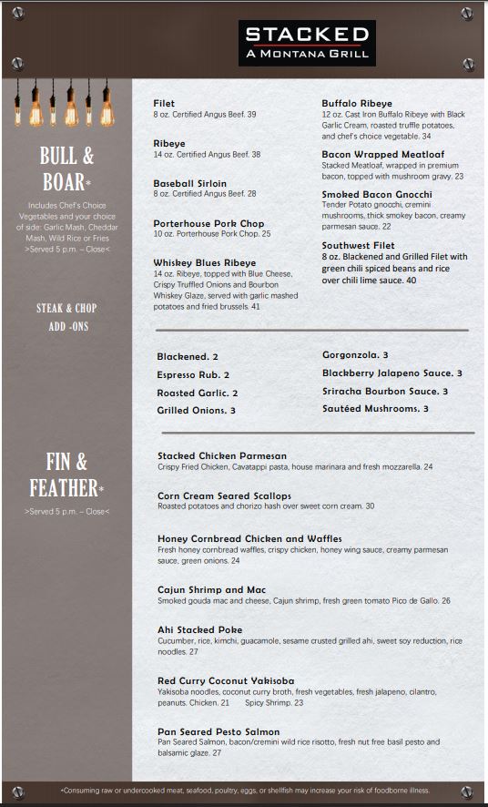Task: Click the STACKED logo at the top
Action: coord(308,42)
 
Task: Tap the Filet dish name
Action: coord(164,104)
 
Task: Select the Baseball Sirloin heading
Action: coord(190,183)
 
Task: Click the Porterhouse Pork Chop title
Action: coord(208,223)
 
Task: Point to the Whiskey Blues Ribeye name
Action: coord(205,263)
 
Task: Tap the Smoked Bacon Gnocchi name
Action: coord(376,194)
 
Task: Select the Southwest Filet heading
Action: coord(358,245)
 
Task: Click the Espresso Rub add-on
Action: coord(193,374)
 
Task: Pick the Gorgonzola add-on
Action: coord(355,355)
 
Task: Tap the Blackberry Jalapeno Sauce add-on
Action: coord(391,373)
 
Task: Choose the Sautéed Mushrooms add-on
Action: coord(375,409)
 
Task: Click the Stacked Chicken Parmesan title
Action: coord(222,455)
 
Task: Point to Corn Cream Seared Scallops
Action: coord(224,495)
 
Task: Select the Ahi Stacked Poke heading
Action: coord(199,629)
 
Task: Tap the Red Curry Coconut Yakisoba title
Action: coord(226,680)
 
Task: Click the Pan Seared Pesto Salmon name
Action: coord(219,731)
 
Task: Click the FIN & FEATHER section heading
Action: coord(68,475)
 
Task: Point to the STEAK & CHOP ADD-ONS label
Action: coord(66,317)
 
